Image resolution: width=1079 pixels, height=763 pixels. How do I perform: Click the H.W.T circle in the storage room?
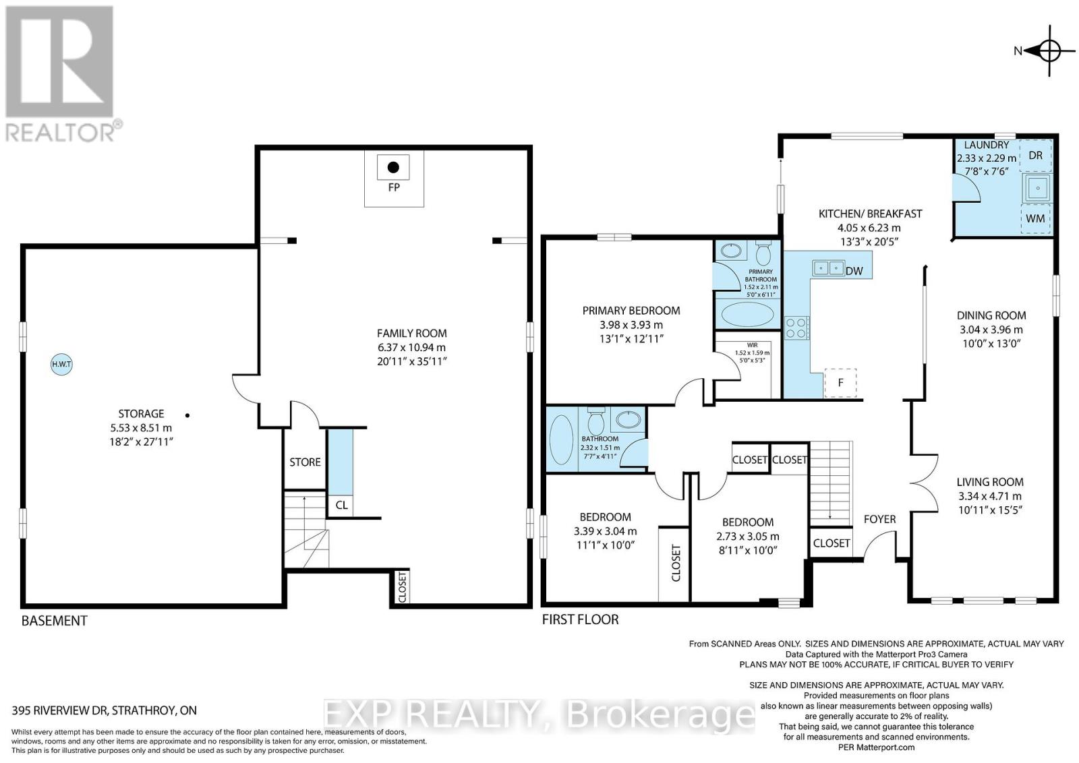[x=62, y=365]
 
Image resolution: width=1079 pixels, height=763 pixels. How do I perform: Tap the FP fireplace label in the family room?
[x=394, y=187]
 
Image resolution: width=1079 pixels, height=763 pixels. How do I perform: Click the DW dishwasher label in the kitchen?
[x=854, y=271]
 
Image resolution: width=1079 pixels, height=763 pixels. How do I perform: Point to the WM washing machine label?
[x=1035, y=218]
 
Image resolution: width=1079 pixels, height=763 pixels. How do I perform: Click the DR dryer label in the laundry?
[x=1035, y=155]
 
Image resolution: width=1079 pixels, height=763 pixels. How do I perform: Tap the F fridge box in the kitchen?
[x=840, y=382]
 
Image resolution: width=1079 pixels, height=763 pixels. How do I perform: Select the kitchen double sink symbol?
[x=827, y=268]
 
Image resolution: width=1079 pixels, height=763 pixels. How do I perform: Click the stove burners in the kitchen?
[x=796, y=328]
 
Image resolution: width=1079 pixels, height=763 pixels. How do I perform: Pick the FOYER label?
[x=879, y=518]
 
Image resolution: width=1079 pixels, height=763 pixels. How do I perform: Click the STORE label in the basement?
[x=305, y=462]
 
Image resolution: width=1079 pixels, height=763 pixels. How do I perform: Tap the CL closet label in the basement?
[x=341, y=505]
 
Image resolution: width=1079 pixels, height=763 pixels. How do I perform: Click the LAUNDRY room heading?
[x=986, y=145]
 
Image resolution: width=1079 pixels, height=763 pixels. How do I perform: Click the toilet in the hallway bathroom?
[x=595, y=422]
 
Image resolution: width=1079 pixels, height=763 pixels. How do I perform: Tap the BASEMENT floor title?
[x=54, y=620]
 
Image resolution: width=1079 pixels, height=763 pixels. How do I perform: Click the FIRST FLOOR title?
[x=580, y=619]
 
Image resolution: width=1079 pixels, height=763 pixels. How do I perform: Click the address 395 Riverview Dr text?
[x=105, y=710]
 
